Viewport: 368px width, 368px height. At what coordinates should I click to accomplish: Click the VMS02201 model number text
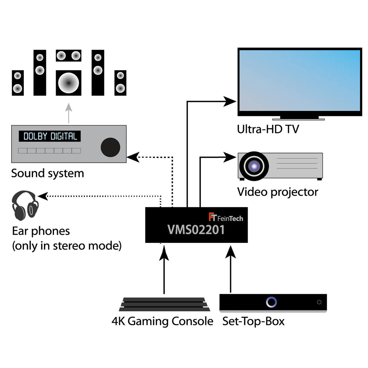(x=196, y=230)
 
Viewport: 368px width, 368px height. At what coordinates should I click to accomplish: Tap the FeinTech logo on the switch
(x=226, y=217)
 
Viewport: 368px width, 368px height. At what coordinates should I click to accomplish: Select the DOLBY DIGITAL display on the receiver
(x=50, y=136)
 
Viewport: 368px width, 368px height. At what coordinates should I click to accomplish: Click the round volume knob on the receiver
(x=110, y=147)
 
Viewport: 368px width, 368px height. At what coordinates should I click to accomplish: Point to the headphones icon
(x=25, y=206)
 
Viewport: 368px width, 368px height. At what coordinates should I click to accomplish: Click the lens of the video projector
(x=254, y=166)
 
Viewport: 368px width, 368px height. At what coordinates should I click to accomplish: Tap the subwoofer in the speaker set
(x=69, y=83)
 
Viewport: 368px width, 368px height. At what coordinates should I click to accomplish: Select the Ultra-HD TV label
(x=268, y=129)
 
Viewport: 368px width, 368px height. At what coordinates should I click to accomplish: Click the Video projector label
(x=277, y=192)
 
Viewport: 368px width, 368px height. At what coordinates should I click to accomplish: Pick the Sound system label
(x=48, y=173)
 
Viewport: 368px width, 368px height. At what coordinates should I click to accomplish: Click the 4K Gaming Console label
(x=162, y=321)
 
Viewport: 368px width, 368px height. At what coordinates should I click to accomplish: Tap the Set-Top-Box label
(x=253, y=321)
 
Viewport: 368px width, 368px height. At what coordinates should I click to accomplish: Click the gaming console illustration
(x=164, y=304)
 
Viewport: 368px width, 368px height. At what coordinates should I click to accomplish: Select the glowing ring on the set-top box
(x=271, y=302)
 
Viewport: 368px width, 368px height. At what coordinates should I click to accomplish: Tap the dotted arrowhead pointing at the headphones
(x=43, y=196)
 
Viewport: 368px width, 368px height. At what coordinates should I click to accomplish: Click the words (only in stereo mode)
(x=67, y=246)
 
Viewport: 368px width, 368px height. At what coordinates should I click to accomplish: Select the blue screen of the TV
(x=299, y=80)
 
